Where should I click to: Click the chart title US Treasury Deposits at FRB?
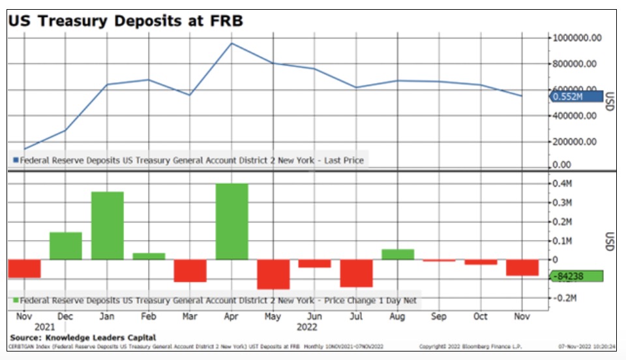[x=125, y=20]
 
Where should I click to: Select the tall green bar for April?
[x=231, y=221]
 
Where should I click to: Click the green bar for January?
[x=107, y=226]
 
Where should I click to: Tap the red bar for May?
[x=273, y=274]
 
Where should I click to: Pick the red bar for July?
[x=356, y=273]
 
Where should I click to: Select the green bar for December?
[x=66, y=246]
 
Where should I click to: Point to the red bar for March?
[x=190, y=271]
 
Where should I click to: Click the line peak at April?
[x=231, y=44]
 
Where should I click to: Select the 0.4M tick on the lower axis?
[x=561, y=184]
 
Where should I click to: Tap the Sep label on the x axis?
[x=439, y=316]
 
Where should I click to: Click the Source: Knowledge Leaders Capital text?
[x=83, y=337]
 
